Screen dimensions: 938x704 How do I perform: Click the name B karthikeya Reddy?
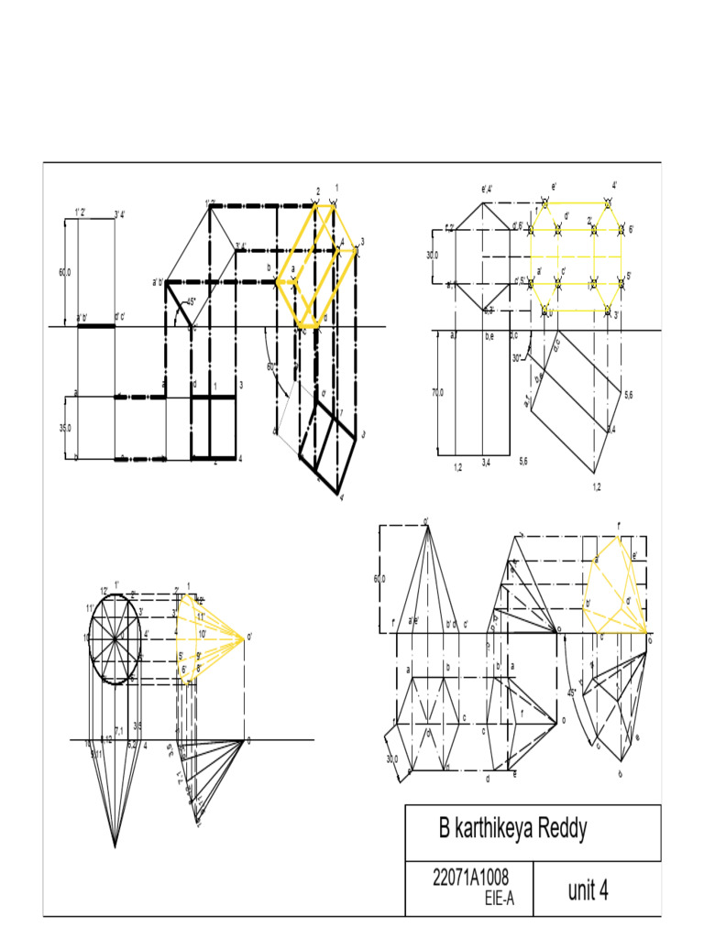tap(512, 831)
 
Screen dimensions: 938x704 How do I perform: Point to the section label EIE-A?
tap(499, 900)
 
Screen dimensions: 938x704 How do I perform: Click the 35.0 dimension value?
tap(63, 427)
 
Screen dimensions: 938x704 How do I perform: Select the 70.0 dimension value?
tap(437, 392)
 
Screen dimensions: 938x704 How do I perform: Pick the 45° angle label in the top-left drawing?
tap(190, 301)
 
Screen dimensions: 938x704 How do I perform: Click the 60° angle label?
tap(270, 367)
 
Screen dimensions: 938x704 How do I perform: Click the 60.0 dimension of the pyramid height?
tap(379, 579)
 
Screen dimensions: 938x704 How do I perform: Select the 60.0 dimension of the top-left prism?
tap(63, 272)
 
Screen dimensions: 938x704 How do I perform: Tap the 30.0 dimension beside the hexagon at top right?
tap(432, 255)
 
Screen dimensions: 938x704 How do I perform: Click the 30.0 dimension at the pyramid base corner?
tap(393, 758)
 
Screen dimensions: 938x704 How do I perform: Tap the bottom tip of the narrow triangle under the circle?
tap(115, 847)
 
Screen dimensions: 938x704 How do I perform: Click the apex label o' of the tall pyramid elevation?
tap(426, 522)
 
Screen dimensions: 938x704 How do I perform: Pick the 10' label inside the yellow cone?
tap(202, 633)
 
